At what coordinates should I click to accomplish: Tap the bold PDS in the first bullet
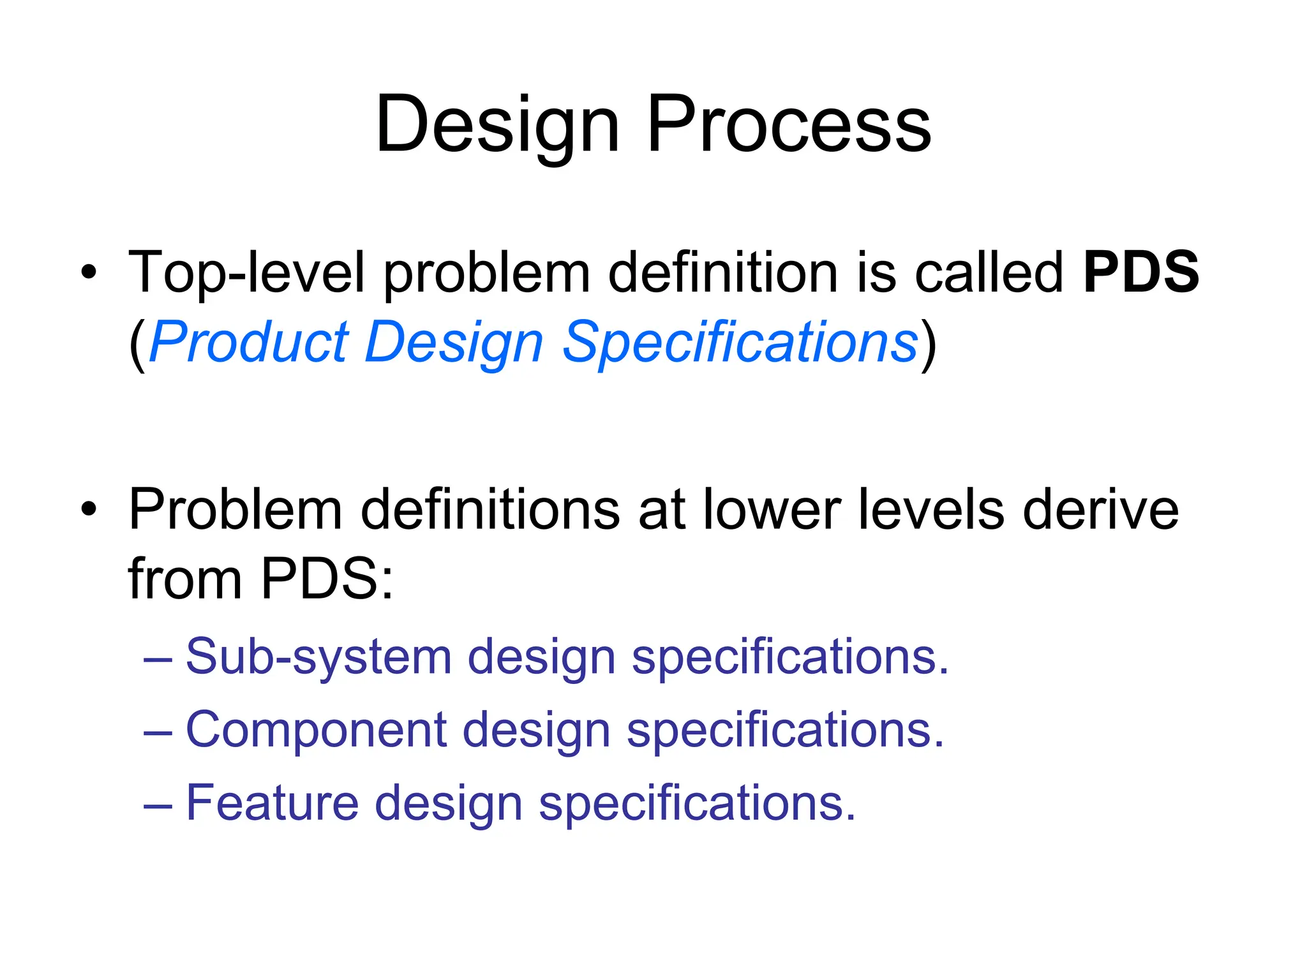(x=1141, y=272)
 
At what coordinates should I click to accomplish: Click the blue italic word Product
(x=250, y=343)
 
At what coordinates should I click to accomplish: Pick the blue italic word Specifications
(x=740, y=343)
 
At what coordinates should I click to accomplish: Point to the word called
(x=989, y=273)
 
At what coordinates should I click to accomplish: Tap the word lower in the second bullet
(x=772, y=510)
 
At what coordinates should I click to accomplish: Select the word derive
(x=1100, y=510)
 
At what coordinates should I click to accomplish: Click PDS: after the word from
(x=327, y=579)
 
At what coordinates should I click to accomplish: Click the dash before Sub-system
(x=158, y=658)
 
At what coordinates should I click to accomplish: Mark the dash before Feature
(x=158, y=803)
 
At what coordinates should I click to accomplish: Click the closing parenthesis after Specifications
(x=929, y=345)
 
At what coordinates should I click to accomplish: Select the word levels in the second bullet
(x=931, y=510)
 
